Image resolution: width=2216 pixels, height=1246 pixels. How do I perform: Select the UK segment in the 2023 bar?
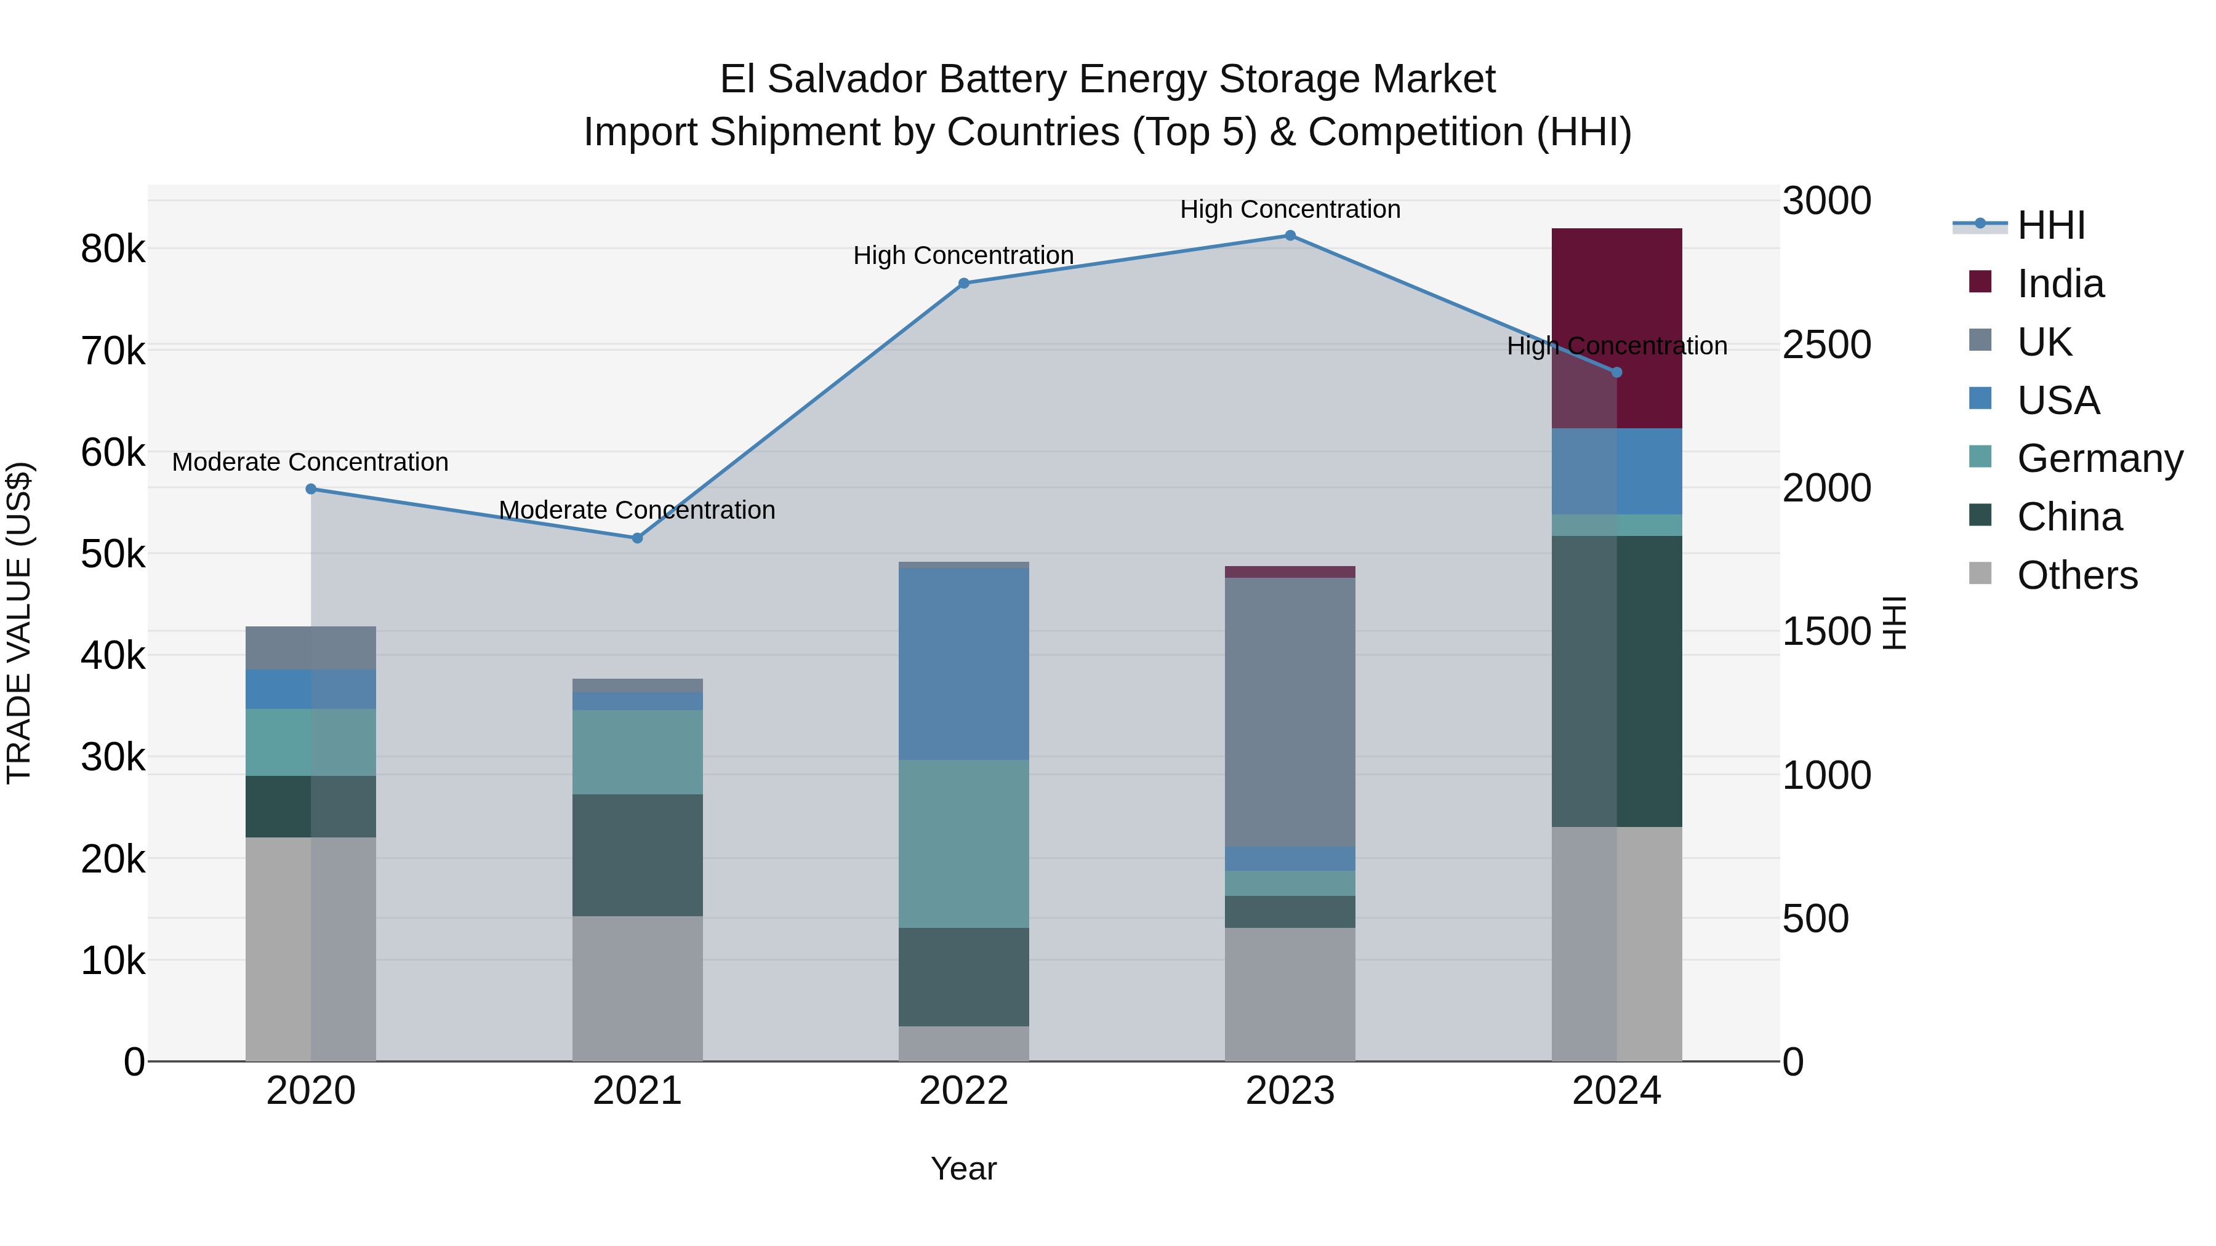click(1290, 712)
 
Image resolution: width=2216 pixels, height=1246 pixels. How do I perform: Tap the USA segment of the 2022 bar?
click(963, 664)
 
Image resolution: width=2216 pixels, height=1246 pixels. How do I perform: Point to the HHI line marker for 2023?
click(1290, 236)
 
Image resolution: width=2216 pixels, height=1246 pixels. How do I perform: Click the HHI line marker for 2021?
click(638, 538)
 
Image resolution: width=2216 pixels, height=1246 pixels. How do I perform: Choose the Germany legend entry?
click(2099, 458)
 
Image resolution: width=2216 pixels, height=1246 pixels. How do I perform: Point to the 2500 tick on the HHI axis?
click(1826, 345)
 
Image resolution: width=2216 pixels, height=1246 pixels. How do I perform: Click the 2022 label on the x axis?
click(963, 1091)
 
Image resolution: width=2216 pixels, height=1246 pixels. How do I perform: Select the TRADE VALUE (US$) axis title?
click(19, 623)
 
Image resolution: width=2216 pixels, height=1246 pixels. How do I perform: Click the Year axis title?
click(963, 1168)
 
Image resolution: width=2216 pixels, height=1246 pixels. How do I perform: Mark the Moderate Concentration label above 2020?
click(311, 463)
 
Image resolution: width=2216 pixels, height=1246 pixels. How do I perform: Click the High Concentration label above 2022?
click(963, 255)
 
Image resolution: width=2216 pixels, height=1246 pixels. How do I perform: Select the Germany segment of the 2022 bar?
click(963, 843)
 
